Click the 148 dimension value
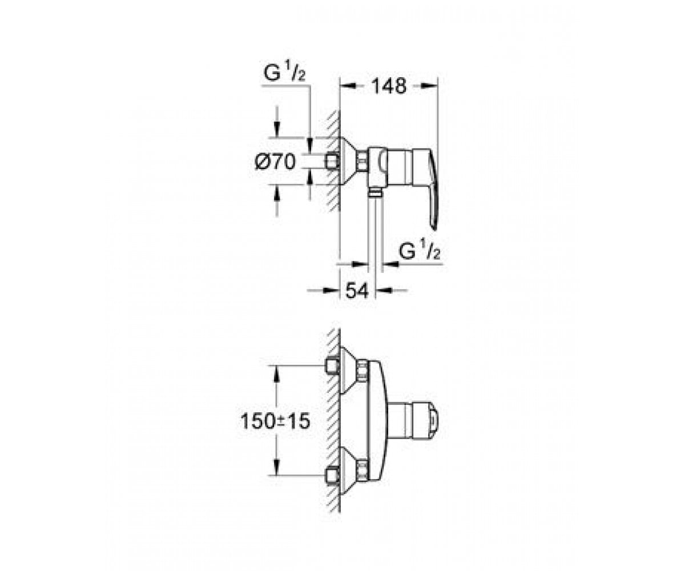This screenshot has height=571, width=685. pyautogui.click(x=389, y=87)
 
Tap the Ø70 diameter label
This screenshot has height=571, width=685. pyautogui.click(x=276, y=162)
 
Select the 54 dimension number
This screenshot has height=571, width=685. pyautogui.click(x=357, y=291)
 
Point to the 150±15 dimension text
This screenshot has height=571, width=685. pyautogui.click(x=275, y=421)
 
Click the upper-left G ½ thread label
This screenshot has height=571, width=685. pyautogui.click(x=285, y=73)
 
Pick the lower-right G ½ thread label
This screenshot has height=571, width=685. pyautogui.click(x=420, y=250)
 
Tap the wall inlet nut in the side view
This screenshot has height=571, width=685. pyautogui.click(x=332, y=162)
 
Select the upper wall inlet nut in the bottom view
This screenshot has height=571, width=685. pyautogui.click(x=332, y=366)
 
